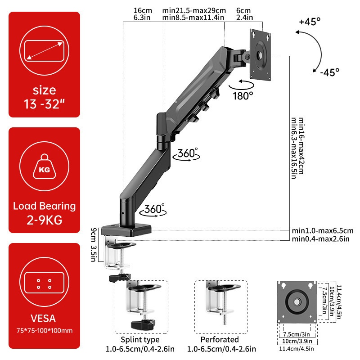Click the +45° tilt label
tap(310, 21)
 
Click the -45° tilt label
tap(329, 72)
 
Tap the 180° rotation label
tap(243, 95)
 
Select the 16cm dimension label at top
tap(142, 10)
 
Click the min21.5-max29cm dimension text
tap(194, 10)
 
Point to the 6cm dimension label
tap(243, 10)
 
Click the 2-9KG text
tap(44, 221)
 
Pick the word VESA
tap(44, 319)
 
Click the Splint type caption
tap(139, 339)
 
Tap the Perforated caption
tap(220, 339)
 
